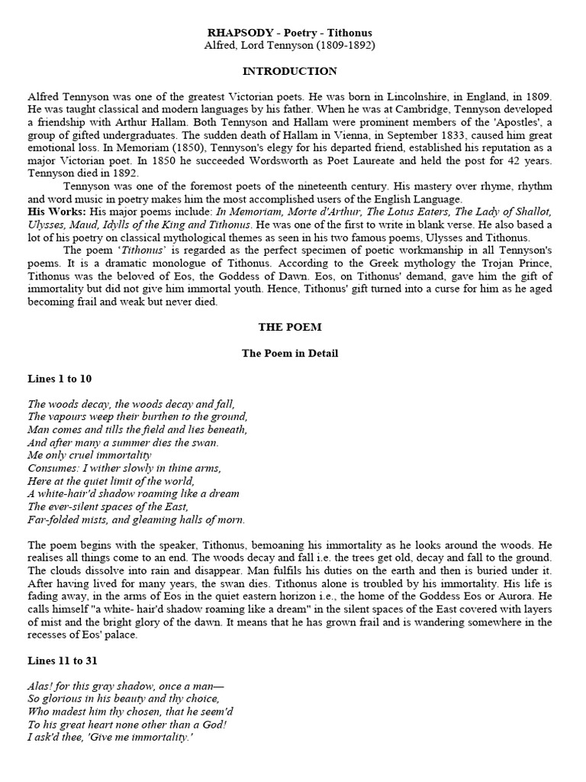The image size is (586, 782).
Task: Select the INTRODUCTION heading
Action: click(289, 72)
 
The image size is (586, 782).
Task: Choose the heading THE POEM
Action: click(289, 327)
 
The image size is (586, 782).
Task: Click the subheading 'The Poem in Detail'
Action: click(289, 354)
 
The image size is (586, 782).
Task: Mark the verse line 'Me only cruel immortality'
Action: click(89, 455)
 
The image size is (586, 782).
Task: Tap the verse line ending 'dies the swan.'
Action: click(123, 442)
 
